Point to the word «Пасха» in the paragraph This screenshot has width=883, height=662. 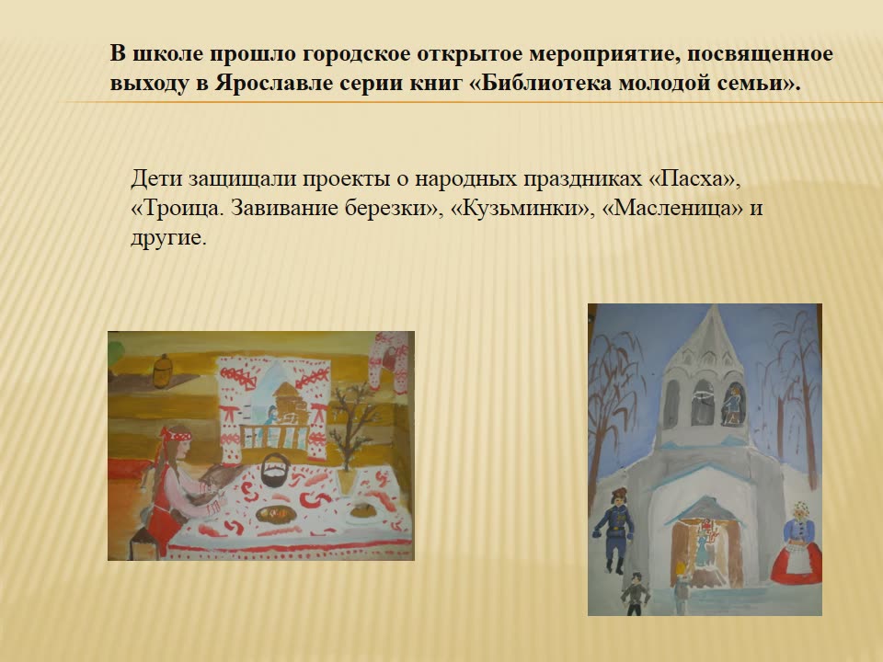[x=694, y=179]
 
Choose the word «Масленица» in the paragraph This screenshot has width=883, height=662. [x=672, y=209]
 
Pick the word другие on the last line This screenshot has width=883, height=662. [x=168, y=238]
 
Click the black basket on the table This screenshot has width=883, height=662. [x=275, y=470]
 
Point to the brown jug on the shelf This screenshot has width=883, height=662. [x=162, y=371]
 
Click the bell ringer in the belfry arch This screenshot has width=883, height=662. [x=733, y=405]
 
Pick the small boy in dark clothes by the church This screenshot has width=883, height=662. [x=636, y=593]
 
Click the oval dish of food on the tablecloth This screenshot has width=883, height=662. [x=276, y=514]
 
